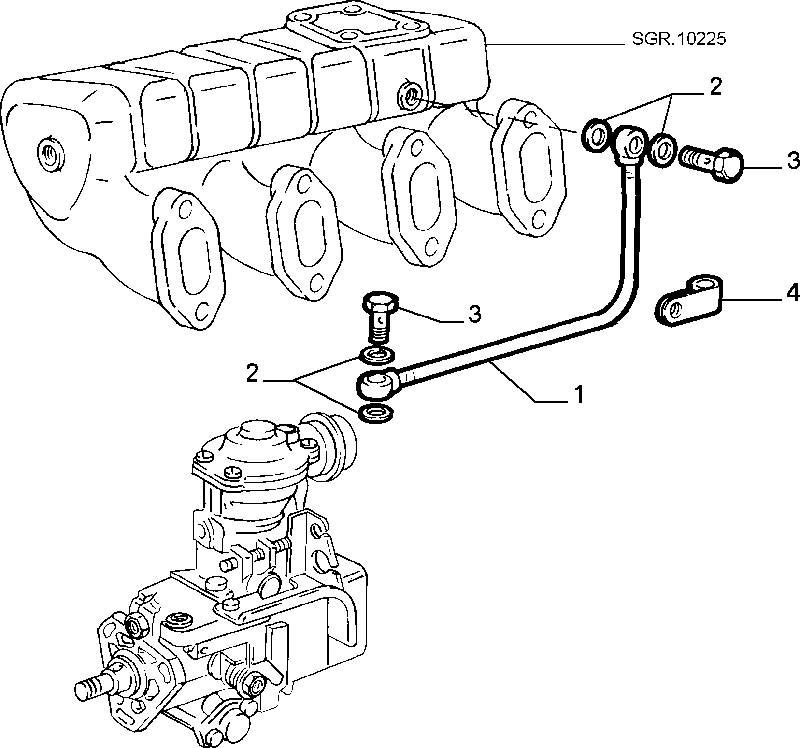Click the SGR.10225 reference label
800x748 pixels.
(679, 39)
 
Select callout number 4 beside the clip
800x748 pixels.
(793, 294)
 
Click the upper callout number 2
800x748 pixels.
(715, 87)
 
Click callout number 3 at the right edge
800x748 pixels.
(793, 161)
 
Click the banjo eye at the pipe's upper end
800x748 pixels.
(629, 143)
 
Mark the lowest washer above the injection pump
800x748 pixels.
(375, 414)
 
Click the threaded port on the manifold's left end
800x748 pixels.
(49, 154)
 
